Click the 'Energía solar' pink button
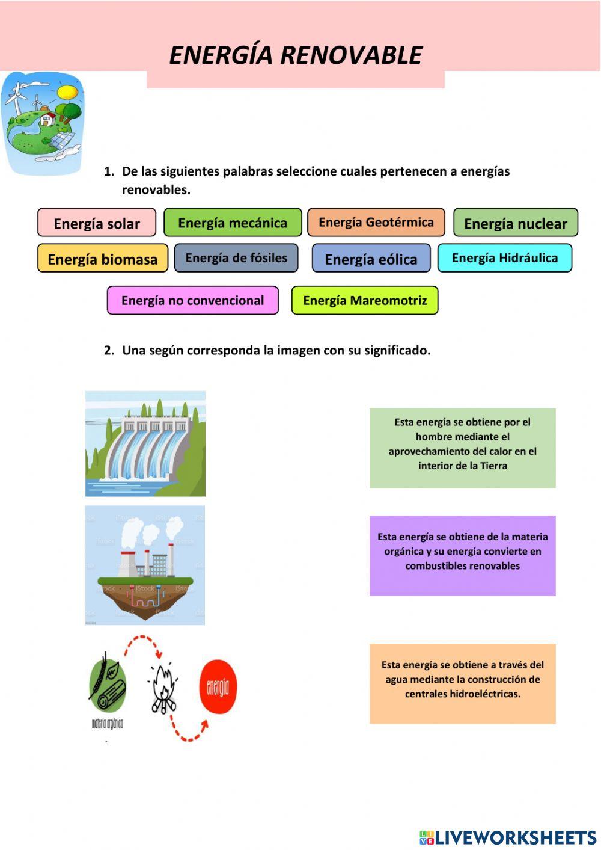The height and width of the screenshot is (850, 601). click(97, 223)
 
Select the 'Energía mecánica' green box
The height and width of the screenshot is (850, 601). click(233, 223)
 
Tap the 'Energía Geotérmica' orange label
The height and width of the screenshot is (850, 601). click(376, 222)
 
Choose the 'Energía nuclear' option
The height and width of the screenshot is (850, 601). click(515, 223)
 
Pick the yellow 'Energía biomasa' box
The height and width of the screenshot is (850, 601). click(103, 259)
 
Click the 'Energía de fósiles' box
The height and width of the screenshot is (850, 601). click(236, 258)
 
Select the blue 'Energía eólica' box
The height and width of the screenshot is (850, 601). click(371, 259)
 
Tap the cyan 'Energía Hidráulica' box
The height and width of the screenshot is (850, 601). click(504, 258)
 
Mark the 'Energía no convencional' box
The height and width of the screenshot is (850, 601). click(192, 300)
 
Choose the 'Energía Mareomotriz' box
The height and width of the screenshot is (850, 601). click(365, 300)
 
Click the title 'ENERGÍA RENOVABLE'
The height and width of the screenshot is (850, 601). click(296, 55)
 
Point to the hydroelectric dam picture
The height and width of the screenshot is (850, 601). click(145, 444)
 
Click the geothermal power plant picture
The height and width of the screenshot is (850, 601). click(145, 565)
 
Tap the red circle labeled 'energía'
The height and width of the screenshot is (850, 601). click(218, 687)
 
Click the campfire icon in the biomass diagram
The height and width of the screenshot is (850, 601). click(162, 687)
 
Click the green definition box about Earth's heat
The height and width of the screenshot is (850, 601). click(462, 448)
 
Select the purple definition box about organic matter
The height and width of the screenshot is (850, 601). click(462, 555)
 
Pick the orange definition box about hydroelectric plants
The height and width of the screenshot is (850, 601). click(462, 683)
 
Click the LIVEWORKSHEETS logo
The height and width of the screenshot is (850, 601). click(508, 837)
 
